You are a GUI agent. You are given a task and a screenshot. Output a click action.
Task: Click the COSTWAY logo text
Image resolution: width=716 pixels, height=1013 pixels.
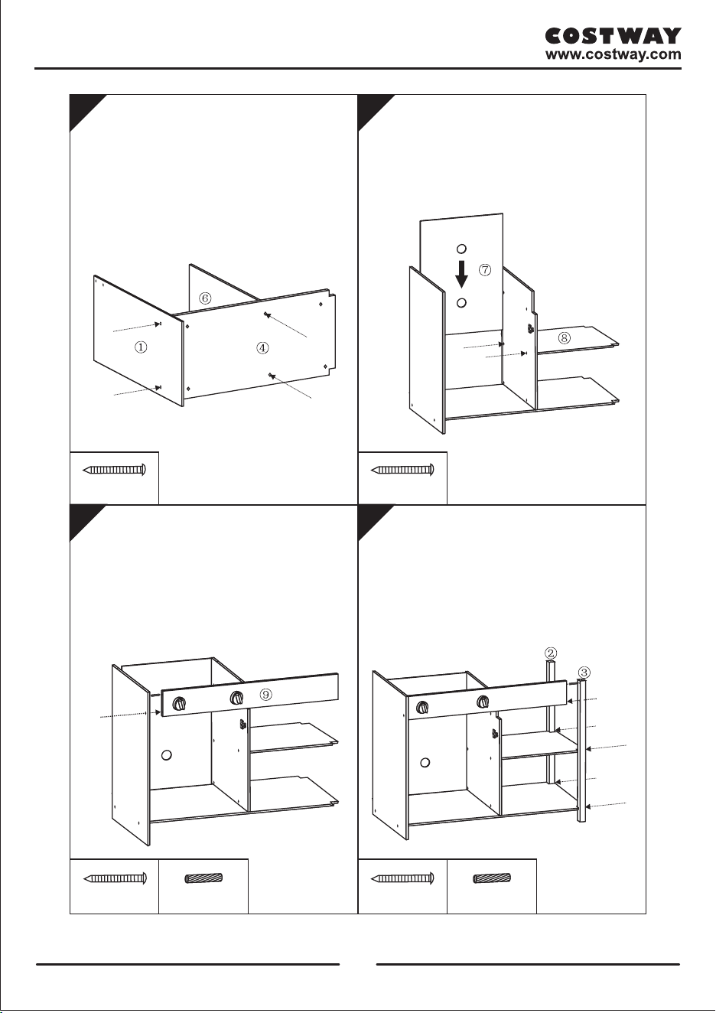(x=613, y=36)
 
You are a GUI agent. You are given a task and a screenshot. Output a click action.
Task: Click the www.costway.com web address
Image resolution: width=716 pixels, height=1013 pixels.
(x=613, y=55)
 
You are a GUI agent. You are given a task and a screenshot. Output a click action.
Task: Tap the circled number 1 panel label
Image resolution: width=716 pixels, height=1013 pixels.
(x=141, y=347)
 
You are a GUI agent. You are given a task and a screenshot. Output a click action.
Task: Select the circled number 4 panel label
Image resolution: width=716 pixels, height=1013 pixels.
(x=262, y=348)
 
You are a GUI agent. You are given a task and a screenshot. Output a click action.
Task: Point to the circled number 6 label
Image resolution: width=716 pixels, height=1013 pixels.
(x=205, y=298)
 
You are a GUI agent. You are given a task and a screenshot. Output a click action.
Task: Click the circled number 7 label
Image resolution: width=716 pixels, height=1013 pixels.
(x=485, y=270)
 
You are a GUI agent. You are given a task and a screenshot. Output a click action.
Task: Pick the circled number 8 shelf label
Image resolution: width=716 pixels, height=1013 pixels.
(x=564, y=338)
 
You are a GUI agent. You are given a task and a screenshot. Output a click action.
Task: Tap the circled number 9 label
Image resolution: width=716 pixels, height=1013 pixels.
(x=266, y=695)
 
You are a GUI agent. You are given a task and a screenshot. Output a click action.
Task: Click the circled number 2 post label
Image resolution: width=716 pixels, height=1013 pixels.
(x=551, y=653)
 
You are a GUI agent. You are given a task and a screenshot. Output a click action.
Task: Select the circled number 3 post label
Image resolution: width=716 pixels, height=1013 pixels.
(x=584, y=672)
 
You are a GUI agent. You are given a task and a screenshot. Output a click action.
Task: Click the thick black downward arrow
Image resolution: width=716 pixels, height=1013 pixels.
(x=461, y=274)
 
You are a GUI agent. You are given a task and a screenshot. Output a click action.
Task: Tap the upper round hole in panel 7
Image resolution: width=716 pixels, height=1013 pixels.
(x=461, y=248)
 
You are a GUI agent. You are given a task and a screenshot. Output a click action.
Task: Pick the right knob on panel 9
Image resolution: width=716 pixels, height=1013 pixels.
(x=236, y=698)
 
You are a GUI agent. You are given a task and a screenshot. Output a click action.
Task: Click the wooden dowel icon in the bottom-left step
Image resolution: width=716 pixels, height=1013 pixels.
(x=203, y=878)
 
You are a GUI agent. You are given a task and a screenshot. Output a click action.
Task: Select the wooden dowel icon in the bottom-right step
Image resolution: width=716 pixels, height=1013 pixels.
(x=492, y=878)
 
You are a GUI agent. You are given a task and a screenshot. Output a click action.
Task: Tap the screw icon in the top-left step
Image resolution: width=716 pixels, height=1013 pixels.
(x=115, y=470)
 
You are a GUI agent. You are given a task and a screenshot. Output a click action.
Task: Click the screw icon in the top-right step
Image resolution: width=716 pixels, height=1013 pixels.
(x=402, y=470)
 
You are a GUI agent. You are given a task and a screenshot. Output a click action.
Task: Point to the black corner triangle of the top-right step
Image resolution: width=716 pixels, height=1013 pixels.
(x=371, y=107)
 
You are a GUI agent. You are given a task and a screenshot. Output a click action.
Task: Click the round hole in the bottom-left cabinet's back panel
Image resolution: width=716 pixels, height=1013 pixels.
(x=167, y=754)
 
